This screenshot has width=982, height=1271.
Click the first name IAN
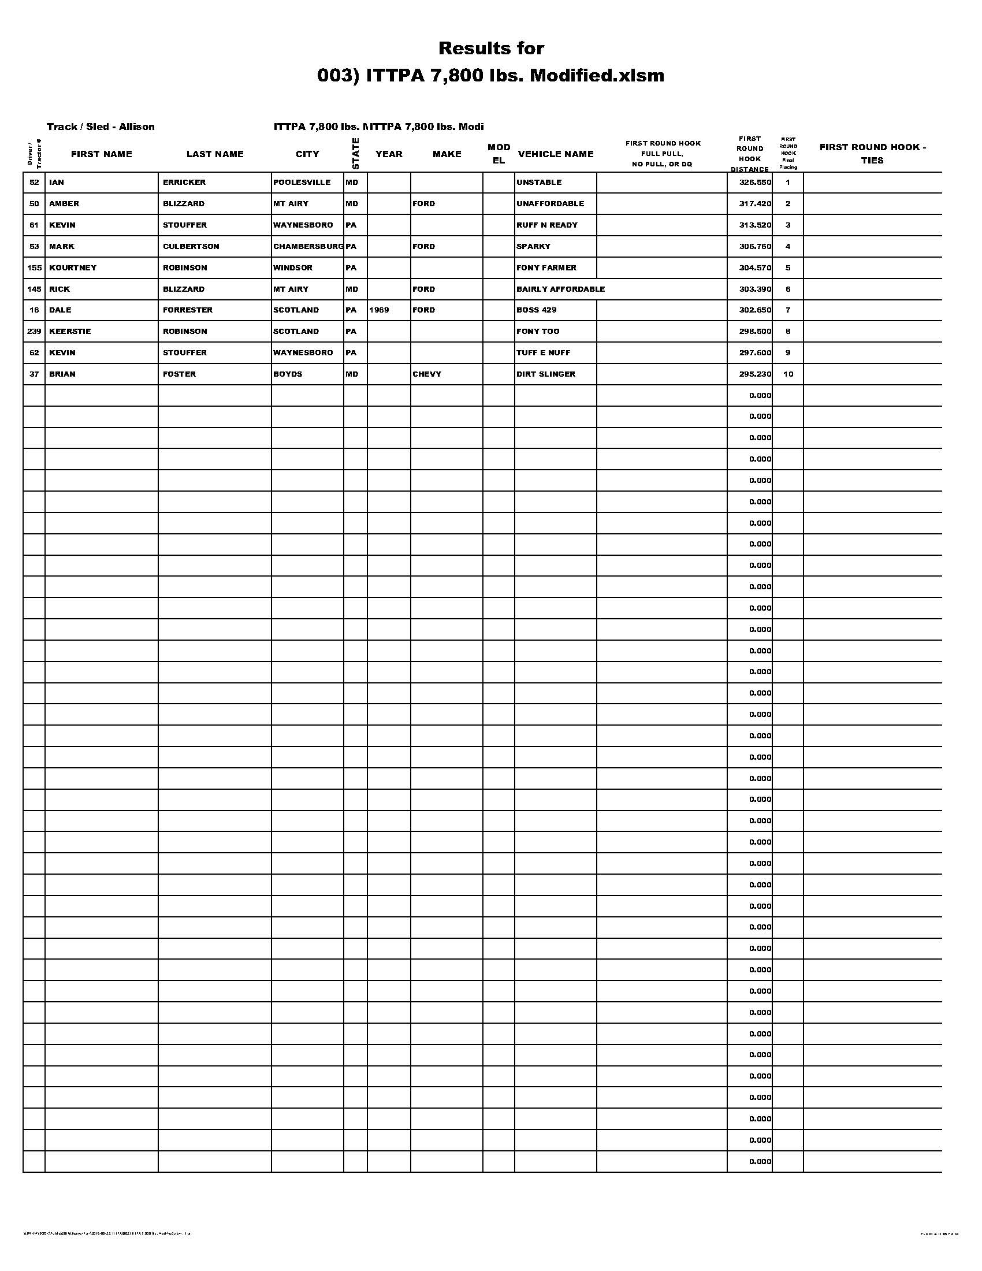(x=57, y=182)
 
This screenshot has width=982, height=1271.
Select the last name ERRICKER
(x=184, y=182)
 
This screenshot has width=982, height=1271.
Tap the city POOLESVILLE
(x=302, y=182)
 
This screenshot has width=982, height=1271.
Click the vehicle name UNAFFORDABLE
(x=550, y=204)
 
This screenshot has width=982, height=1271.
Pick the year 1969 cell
(x=379, y=310)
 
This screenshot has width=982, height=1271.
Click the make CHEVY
(x=426, y=374)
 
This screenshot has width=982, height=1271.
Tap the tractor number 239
(x=34, y=331)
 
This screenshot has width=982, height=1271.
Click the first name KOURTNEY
(x=73, y=267)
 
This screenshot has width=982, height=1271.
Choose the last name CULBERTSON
(x=191, y=246)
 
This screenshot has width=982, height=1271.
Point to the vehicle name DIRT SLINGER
(x=545, y=374)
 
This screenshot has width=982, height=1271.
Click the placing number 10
(x=788, y=374)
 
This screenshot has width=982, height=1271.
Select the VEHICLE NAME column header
(x=555, y=154)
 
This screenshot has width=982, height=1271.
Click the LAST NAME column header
(x=215, y=154)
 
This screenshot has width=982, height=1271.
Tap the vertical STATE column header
(x=355, y=154)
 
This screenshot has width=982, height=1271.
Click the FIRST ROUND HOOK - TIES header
(x=872, y=154)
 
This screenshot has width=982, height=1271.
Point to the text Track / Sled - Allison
(x=101, y=127)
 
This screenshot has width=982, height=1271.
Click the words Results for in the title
(x=491, y=49)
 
